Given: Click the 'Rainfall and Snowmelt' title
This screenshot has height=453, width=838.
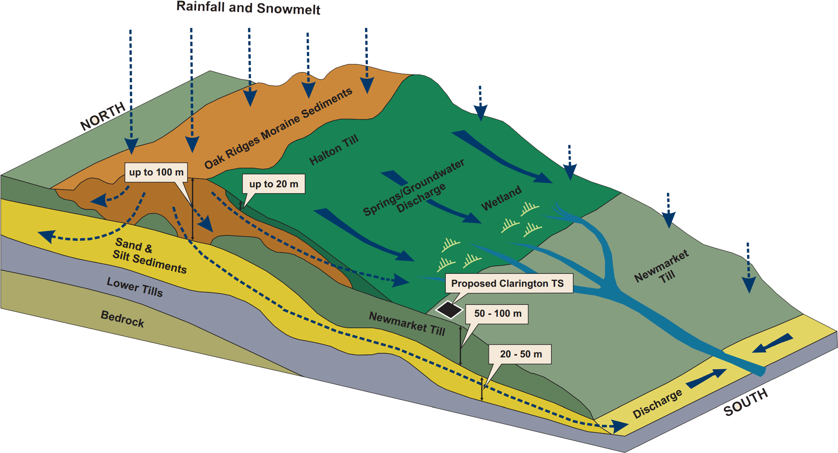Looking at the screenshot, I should click(x=248, y=8).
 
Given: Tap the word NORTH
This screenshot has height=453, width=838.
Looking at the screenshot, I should click(x=103, y=116).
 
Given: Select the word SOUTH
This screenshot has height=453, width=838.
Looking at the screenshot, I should click(x=746, y=403).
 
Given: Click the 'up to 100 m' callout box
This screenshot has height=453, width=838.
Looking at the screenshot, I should click(x=156, y=172).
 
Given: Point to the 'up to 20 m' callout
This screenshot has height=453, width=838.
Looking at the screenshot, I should click(x=273, y=184).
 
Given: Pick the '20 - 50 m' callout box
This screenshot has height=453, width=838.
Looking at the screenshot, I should click(x=520, y=354).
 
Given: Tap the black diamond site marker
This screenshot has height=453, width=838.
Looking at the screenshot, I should click(x=449, y=309).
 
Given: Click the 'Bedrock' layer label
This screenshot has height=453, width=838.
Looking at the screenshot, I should click(x=122, y=319).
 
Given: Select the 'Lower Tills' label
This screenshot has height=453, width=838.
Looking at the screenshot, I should click(x=135, y=287).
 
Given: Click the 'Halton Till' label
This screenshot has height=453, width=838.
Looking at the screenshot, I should click(x=333, y=150).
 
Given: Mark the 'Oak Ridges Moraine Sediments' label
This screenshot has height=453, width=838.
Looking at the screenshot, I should click(x=278, y=128).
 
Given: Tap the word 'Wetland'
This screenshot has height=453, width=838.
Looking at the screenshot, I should click(x=501, y=198).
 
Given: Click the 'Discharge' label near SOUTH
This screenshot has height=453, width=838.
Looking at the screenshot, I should click(x=658, y=403).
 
